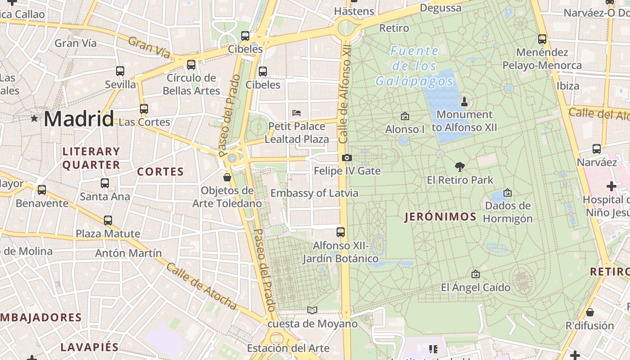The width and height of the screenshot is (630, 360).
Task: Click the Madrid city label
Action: (x=79, y=119)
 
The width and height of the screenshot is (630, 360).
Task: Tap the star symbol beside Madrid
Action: (x=34, y=118)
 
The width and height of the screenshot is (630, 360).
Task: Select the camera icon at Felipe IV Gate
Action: (x=346, y=157)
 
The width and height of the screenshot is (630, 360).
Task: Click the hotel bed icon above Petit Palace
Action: (x=296, y=112)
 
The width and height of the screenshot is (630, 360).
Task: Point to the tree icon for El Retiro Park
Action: (x=459, y=167)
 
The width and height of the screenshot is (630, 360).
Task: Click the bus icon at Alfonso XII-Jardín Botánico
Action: (x=341, y=232)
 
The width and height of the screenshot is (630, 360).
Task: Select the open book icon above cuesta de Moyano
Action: (x=312, y=310)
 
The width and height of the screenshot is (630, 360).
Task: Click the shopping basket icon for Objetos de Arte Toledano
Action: (x=227, y=177)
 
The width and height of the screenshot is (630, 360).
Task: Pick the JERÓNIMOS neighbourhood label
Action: (x=440, y=217)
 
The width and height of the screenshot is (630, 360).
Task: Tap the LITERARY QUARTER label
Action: (x=91, y=158)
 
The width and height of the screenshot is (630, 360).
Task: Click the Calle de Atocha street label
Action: (x=201, y=287)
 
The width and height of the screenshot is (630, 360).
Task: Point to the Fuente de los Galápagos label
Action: (x=414, y=66)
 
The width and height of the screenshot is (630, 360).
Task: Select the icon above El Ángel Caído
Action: (x=475, y=274)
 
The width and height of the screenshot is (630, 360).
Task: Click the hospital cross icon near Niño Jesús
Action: (x=611, y=186)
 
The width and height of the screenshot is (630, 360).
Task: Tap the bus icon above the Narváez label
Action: (x=597, y=148)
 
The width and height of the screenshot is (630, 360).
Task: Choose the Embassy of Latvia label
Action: (x=314, y=193)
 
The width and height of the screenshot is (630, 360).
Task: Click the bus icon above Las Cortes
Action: (x=144, y=109)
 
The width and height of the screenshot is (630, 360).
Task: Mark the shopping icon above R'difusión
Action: (x=589, y=312)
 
